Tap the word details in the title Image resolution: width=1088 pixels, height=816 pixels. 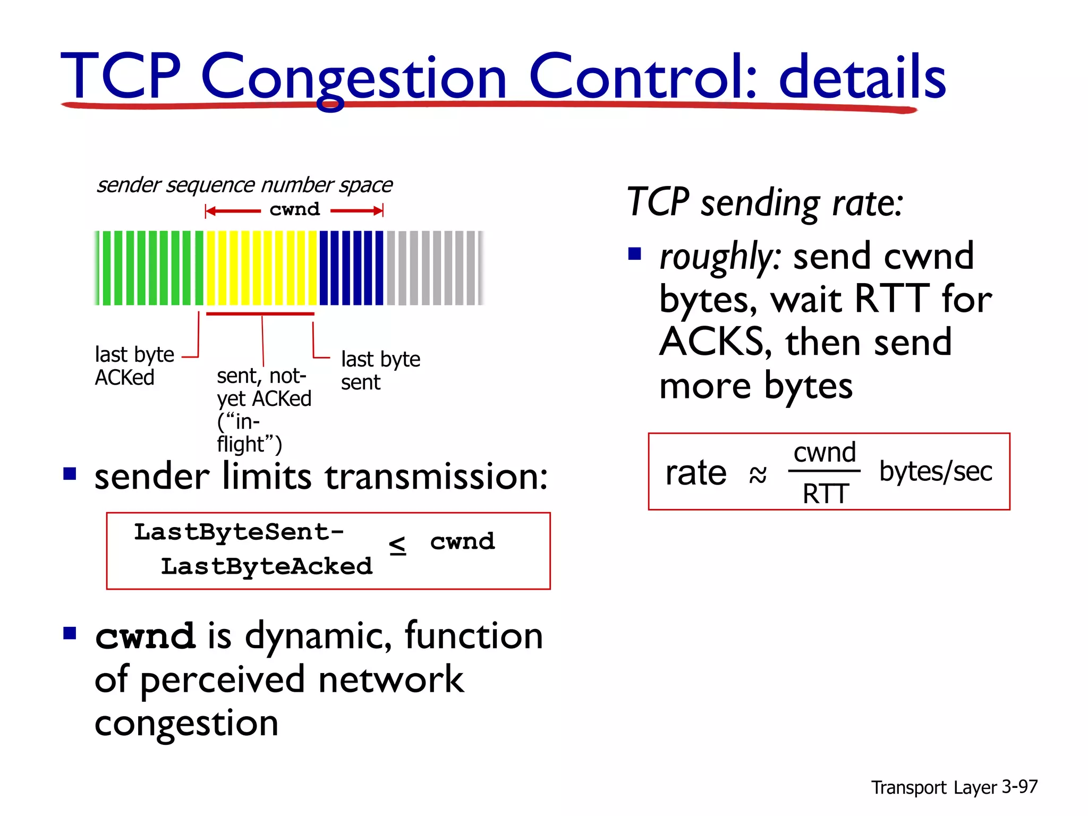click(x=862, y=77)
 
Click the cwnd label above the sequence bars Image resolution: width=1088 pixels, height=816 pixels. click(x=294, y=210)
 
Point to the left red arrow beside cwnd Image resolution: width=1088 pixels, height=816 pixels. click(x=233, y=211)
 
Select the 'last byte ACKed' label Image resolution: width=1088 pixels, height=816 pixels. click(x=134, y=365)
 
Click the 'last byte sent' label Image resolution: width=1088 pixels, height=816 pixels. click(x=380, y=370)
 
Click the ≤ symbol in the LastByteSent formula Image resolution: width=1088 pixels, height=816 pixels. click(x=397, y=545)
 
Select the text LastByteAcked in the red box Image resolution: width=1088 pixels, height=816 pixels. click(x=267, y=566)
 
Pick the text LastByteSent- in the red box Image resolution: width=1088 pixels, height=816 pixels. click(x=239, y=532)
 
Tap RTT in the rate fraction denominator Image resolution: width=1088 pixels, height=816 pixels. click(x=825, y=494)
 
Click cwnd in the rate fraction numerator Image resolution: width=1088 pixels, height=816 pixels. click(x=824, y=453)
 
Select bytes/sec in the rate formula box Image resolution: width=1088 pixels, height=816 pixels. click(x=936, y=471)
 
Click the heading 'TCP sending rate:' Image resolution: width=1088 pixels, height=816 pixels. click(x=765, y=202)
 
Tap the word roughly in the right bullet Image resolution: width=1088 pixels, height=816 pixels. click(x=719, y=257)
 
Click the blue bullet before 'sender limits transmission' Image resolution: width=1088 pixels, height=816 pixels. click(x=70, y=473)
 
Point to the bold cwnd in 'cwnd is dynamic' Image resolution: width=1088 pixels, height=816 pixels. click(x=145, y=636)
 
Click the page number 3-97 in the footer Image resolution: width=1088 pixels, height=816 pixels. click(x=1019, y=786)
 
